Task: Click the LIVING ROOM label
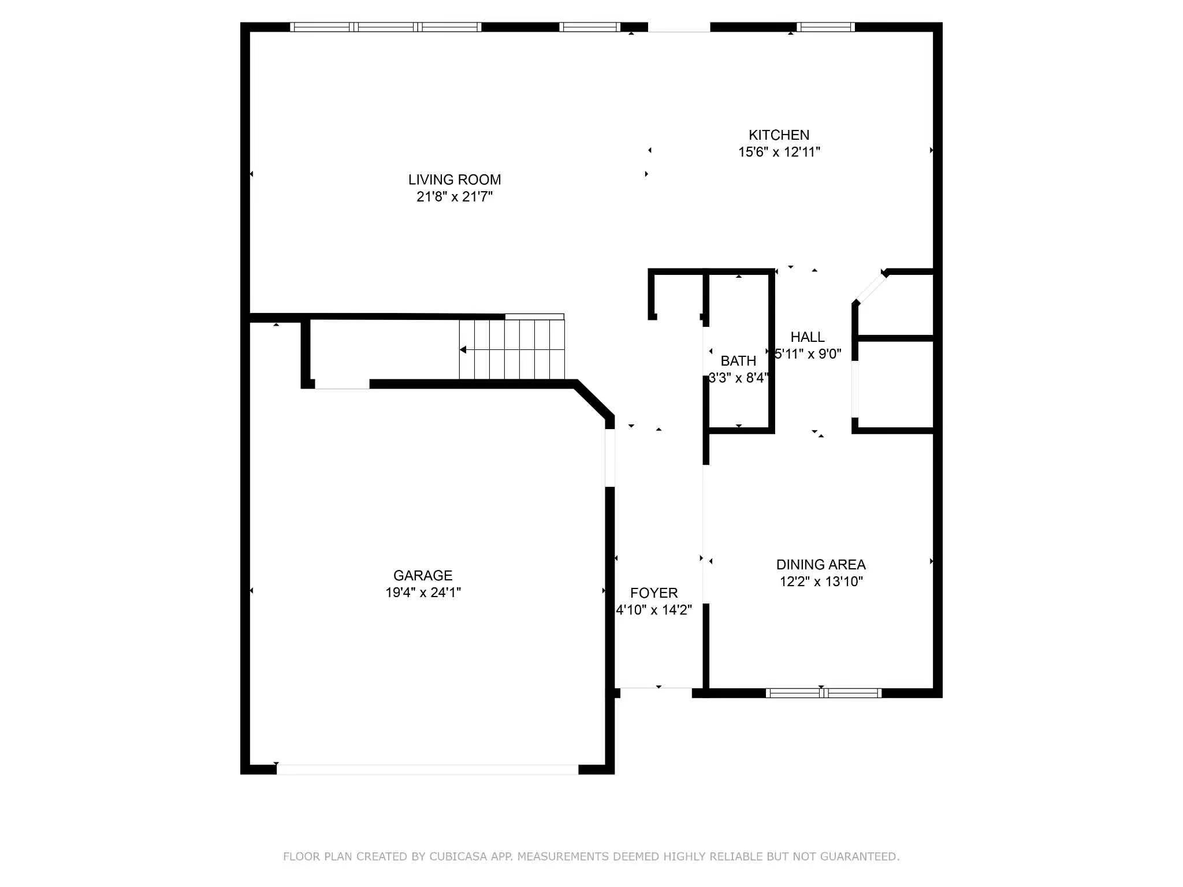click(454, 180)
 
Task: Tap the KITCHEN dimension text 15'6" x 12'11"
click(779, 152)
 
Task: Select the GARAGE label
click(422, 575)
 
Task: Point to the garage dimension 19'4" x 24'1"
click(422, 592)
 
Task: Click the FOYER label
click(653, 593)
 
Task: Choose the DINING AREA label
click(820, 564)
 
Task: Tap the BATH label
click(738, 361)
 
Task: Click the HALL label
click(807, 337)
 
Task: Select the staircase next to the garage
click(512, 349)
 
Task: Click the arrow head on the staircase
click(463, 349)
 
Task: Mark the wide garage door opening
click(427, 769)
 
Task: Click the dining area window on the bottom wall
click(823, 693)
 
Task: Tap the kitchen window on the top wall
click(825, 27)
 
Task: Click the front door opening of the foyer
click(656, 689)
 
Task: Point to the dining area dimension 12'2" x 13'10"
click(821, 582)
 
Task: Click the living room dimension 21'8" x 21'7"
click(454, 197)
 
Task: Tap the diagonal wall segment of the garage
click(594, 399)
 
